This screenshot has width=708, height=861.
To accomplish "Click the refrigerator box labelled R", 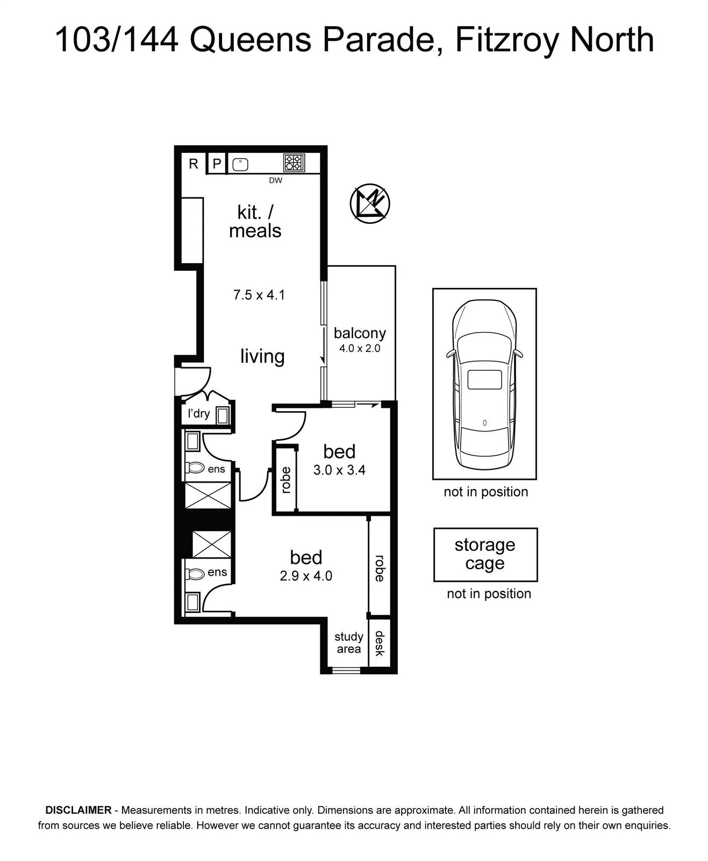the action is tap(194, 164).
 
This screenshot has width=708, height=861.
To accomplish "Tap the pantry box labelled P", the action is tap(217, 164).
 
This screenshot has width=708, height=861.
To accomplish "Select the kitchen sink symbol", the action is tap(240, 165).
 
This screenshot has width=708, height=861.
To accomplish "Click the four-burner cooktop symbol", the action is tap(294, 163).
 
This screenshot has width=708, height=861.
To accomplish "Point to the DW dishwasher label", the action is tap(276, 180).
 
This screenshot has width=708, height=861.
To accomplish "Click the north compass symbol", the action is tap(370, 203).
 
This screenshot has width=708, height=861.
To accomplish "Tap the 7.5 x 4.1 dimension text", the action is tap(259, 295).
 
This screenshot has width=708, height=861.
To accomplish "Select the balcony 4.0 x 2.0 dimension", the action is tap(360, 348).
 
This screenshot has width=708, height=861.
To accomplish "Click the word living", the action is tap(262, 356).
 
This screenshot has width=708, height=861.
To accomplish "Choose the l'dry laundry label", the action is tap(198, 414).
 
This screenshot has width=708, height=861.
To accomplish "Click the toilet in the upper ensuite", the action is tap(195, 468).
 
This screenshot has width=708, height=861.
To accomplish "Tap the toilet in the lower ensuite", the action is tap(195, 575).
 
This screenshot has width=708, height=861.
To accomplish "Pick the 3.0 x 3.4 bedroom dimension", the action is tap(339, 470).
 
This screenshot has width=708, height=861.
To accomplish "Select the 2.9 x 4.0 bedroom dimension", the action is tap(306, 576).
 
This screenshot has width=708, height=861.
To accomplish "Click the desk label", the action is tap(380, 644).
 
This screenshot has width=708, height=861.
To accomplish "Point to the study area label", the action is tap(349, 643).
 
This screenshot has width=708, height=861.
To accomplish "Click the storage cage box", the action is tap(485, 554).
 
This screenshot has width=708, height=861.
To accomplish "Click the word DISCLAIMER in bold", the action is tap(78, 810).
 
